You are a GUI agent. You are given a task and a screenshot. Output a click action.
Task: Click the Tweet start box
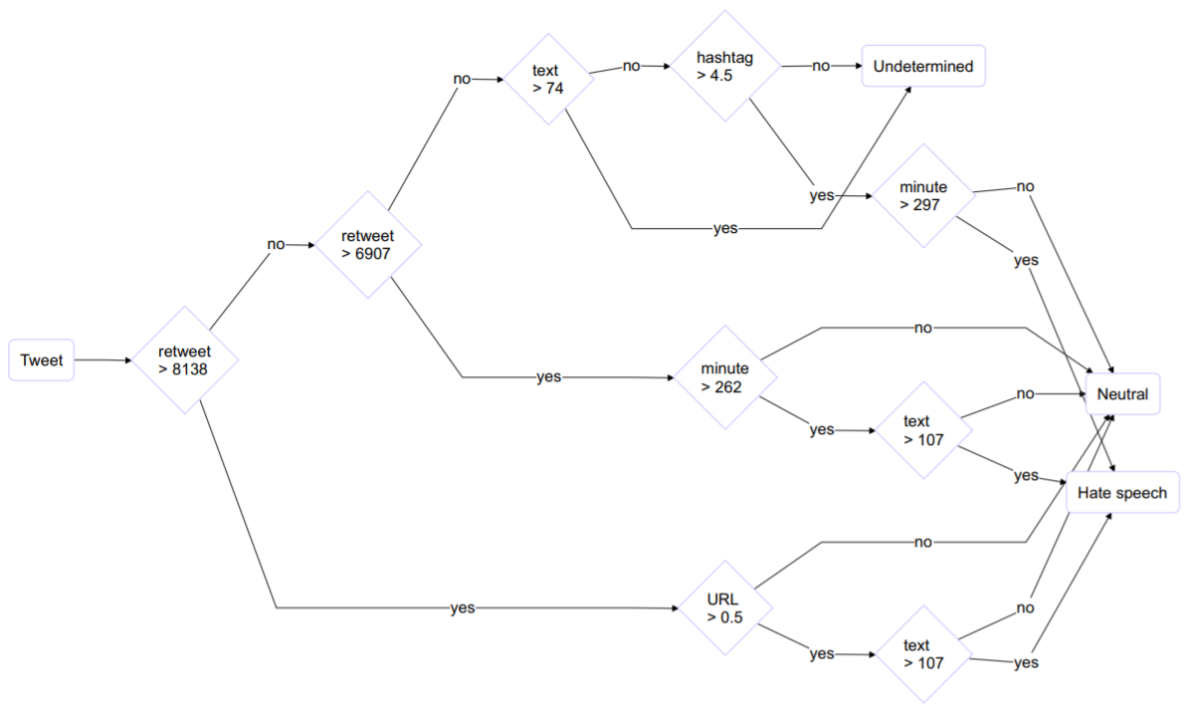pos(41,360)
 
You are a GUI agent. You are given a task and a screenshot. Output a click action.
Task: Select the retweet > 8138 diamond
pos(184,360)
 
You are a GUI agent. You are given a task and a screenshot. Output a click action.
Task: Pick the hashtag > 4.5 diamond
pos(724,67)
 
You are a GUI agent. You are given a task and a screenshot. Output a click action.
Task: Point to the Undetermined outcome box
pos(922,67)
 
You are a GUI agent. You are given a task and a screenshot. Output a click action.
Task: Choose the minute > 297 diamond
pos(922,196)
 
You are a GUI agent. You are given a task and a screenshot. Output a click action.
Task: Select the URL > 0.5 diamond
pos(724,606)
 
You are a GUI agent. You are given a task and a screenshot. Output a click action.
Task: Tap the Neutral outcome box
pos(1122,394)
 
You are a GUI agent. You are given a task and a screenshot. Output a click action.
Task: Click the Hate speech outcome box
pos(1121,493)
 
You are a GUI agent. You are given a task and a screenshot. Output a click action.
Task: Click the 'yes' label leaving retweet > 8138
pos(462,607)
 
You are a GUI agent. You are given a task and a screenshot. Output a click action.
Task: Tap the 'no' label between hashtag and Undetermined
pos(821,67)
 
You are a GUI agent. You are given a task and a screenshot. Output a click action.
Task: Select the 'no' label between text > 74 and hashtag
pos(631,67)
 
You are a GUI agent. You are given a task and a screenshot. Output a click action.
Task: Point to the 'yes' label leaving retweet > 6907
pos(548,377)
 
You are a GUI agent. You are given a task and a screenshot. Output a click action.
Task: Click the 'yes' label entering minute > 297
pos(821,196)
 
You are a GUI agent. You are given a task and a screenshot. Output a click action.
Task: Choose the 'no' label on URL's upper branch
pos(922,543)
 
